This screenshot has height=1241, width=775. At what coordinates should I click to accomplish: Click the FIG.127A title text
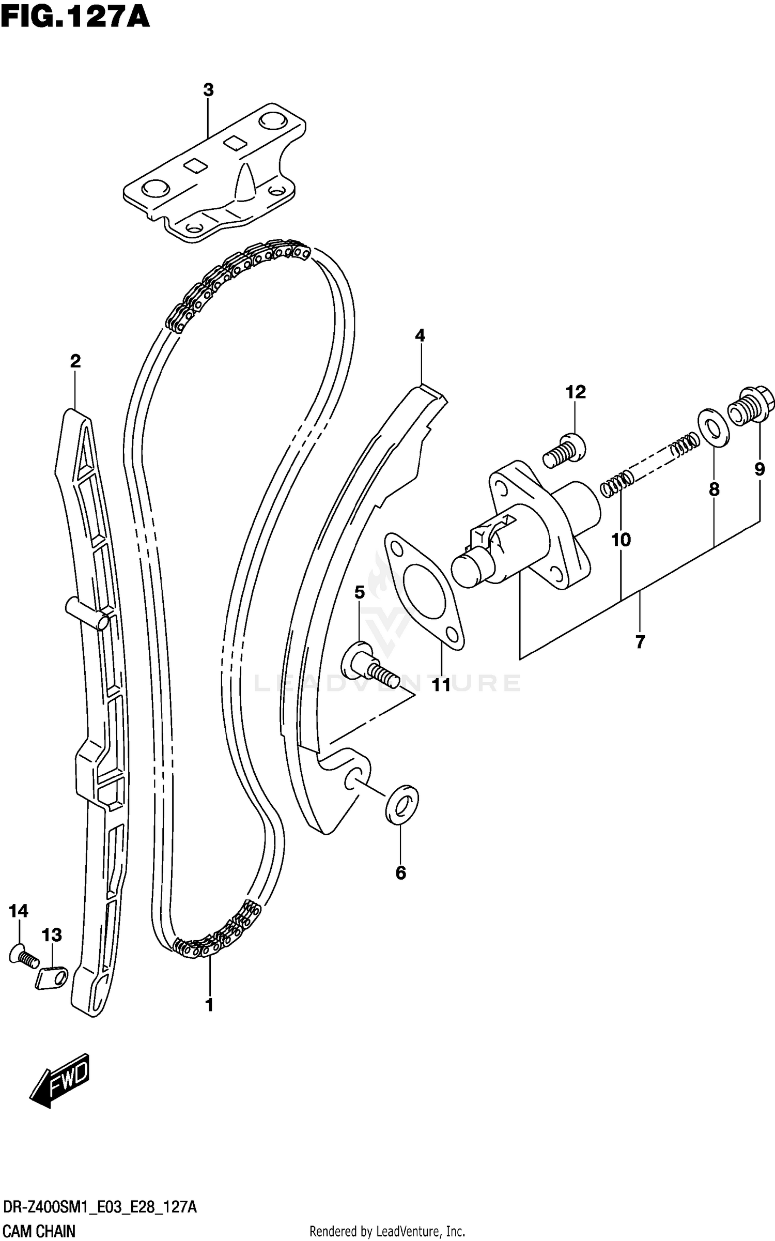pos(75,17)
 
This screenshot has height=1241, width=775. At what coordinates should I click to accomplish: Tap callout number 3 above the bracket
pos(208,90)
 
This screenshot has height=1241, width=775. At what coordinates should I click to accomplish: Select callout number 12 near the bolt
pos(576,392)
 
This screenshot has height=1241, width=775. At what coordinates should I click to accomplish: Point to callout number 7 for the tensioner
pos(640,642)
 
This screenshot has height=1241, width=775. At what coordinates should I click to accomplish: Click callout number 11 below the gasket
pos(442,686)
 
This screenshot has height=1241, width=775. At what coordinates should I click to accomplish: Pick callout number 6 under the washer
pos(401,873)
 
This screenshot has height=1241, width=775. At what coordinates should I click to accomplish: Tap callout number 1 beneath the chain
pos(209,1005)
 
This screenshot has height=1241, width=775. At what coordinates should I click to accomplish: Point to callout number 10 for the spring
pos(621,540)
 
